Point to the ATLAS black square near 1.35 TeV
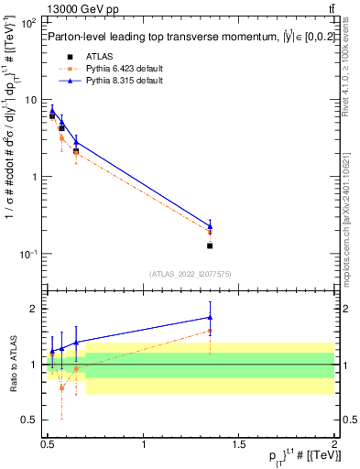210,245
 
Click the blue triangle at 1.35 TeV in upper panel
210,225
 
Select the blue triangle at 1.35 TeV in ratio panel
210,318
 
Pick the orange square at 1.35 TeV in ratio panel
210,331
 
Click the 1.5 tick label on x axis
239,442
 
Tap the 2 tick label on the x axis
334,442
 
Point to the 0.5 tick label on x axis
49,442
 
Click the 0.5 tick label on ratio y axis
31,420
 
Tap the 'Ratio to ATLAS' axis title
12,364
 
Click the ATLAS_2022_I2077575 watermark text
191,274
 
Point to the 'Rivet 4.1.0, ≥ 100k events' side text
350,77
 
